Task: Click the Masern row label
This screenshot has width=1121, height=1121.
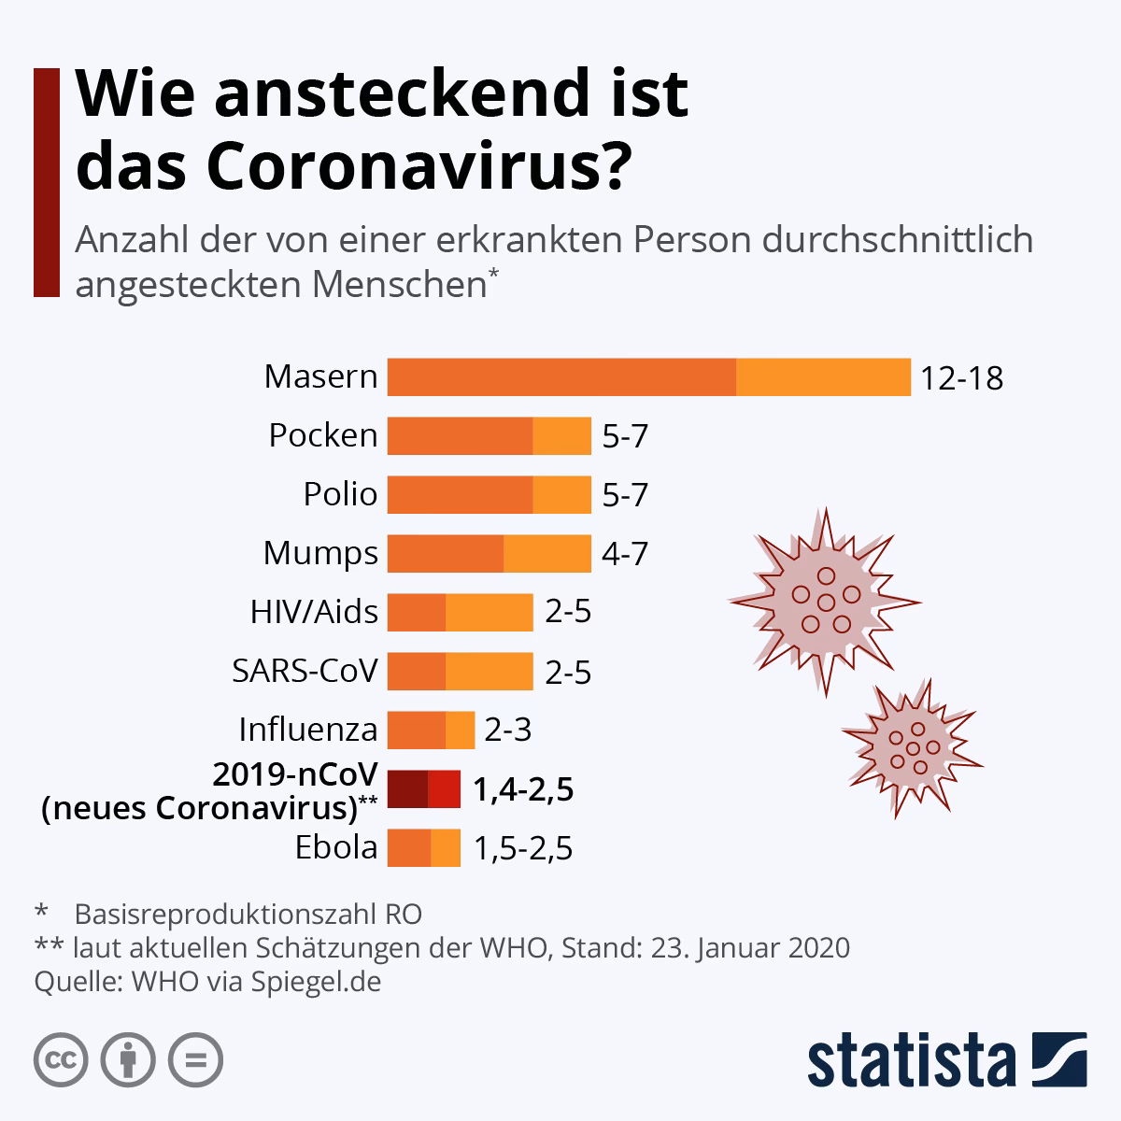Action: point(320,377)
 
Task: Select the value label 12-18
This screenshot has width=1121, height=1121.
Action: point(961,378)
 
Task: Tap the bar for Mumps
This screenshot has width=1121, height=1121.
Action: point(489,553)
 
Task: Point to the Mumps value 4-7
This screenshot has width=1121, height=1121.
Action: point(624,554)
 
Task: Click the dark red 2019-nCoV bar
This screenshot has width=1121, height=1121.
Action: point(423,789)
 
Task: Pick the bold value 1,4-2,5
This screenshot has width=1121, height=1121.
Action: point(522,790)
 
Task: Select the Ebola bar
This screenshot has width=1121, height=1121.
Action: point(423,848)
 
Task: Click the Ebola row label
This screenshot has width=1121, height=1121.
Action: point(336,848)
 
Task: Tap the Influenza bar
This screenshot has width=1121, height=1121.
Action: point(431,730)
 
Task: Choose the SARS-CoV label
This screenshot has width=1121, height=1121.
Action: point(305,671)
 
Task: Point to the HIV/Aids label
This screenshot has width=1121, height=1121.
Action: point(314,612)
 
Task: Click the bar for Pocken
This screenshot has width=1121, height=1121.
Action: point(489,435)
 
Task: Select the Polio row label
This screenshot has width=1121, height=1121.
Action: point(340,494)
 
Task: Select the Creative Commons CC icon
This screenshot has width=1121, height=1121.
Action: point(61,1059)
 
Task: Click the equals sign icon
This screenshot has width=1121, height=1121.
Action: point(195,1059)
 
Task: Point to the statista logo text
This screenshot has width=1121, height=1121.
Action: point(912,1061)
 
